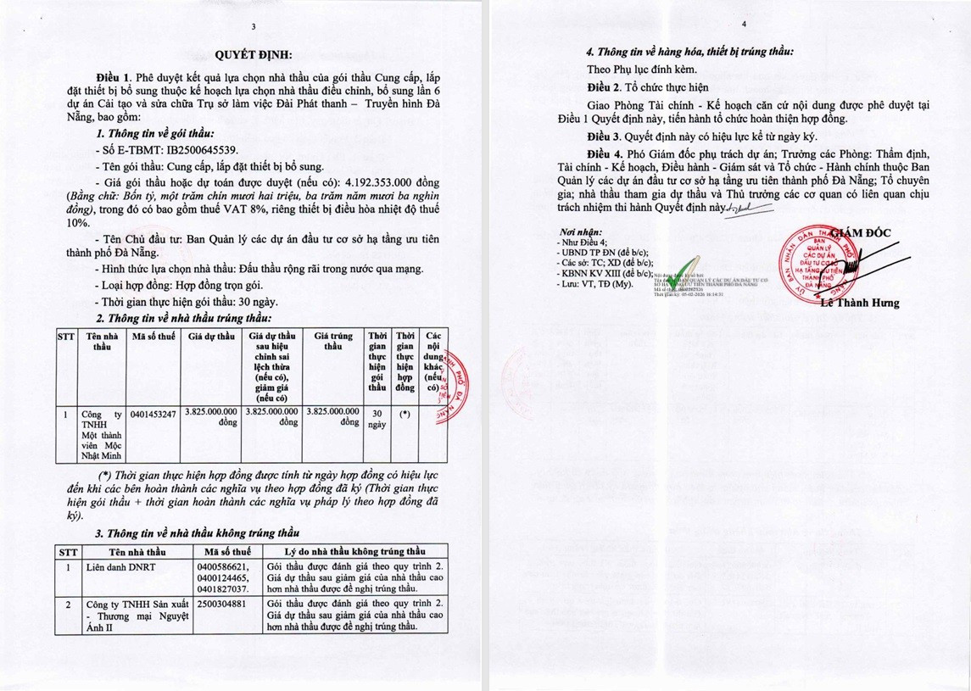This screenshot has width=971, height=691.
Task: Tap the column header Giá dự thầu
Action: pos(211,337)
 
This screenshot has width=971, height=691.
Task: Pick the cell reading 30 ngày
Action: pos(377,419)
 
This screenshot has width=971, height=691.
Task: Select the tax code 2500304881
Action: pos(220,605)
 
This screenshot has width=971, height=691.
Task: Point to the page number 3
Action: pos(253,27)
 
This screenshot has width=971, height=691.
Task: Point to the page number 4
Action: pos(743,25)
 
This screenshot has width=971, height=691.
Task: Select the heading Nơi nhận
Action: pos(581,231)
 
